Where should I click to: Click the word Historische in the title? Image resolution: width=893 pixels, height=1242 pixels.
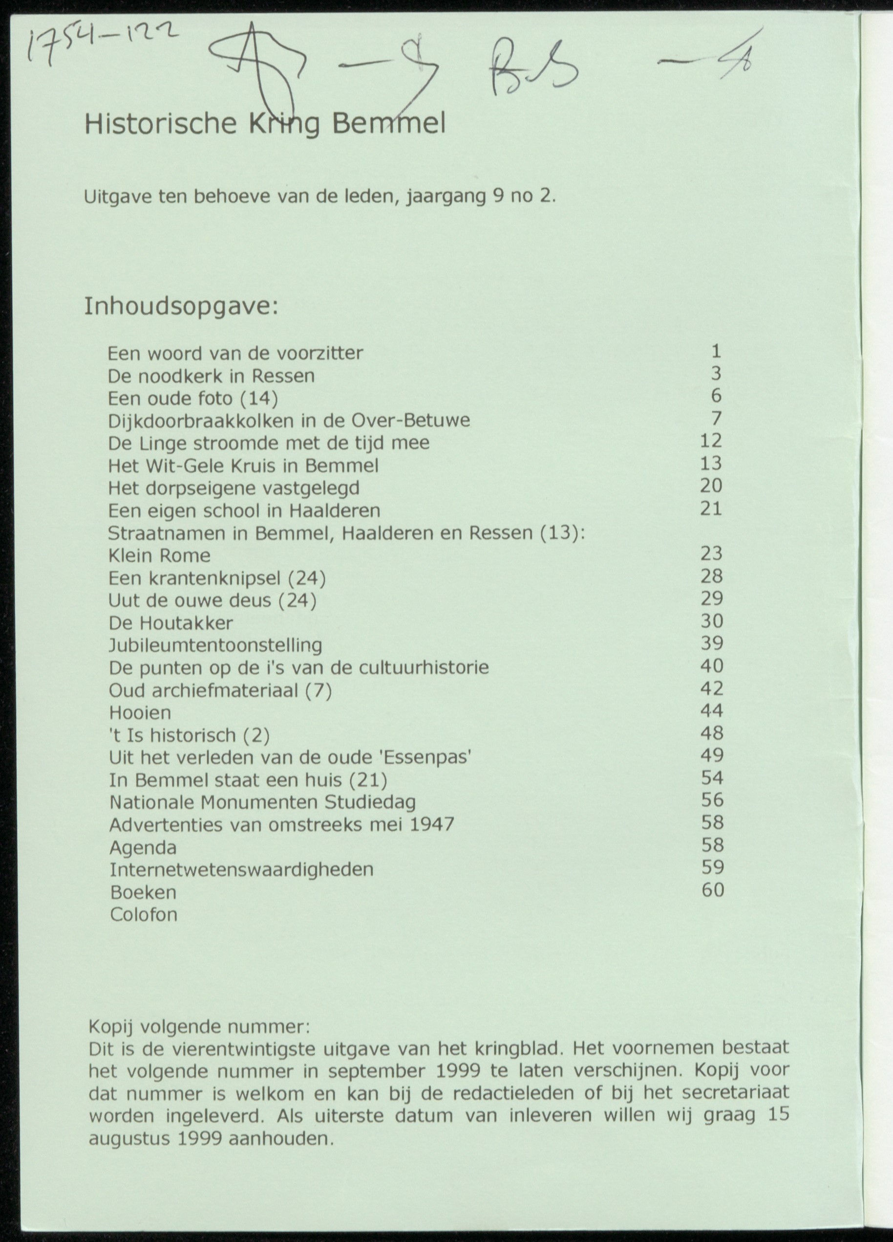[160, 125]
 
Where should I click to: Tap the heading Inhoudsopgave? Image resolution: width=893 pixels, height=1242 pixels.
[181, 307]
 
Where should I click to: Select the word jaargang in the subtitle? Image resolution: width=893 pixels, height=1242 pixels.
[446, 196]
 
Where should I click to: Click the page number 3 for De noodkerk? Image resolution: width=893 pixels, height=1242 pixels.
[716, 374]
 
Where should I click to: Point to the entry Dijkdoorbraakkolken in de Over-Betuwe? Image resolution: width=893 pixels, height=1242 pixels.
[289, 421]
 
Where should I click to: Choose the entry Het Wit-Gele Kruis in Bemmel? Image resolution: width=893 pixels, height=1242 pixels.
[243, 466]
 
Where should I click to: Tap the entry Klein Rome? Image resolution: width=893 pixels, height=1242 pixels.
[159, 555]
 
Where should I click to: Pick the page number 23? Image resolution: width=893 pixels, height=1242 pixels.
[711, 554]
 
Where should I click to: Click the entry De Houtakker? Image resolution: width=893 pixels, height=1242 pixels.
[170, 622]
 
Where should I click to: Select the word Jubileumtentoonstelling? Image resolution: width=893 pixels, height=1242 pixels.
[215, 645]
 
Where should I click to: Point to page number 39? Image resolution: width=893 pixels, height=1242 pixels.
[712, 643]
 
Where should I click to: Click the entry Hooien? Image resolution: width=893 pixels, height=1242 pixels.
[140, 712]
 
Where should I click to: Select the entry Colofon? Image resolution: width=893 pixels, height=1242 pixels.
[144, 914]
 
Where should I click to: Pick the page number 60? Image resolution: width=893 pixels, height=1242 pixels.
[713, 890]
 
